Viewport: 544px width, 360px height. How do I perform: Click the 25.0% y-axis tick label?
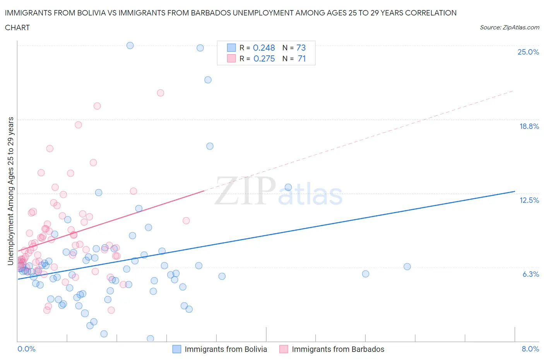528,52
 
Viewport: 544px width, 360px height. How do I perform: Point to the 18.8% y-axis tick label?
529,126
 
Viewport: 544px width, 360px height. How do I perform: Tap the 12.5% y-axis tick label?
529,200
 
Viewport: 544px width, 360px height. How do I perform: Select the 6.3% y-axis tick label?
530,274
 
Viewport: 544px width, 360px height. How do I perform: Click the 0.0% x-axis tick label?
26,349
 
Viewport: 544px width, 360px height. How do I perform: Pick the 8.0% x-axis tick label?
530,349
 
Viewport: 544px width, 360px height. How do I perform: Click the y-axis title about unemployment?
10,191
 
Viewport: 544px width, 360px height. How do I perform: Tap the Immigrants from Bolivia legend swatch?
176,349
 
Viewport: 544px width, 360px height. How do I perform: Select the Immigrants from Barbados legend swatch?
284,349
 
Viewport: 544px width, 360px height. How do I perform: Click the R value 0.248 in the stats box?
264,48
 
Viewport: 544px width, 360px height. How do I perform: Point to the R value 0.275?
264,58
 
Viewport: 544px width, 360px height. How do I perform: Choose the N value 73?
301,48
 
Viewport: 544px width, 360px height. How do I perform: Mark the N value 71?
301,58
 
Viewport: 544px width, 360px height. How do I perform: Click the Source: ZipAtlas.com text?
509,27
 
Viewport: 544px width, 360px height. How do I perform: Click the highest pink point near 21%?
161,93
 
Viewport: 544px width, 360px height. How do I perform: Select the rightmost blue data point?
407,266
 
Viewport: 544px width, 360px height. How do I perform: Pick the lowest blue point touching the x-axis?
151,338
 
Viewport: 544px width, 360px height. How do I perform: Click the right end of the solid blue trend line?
515,191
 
